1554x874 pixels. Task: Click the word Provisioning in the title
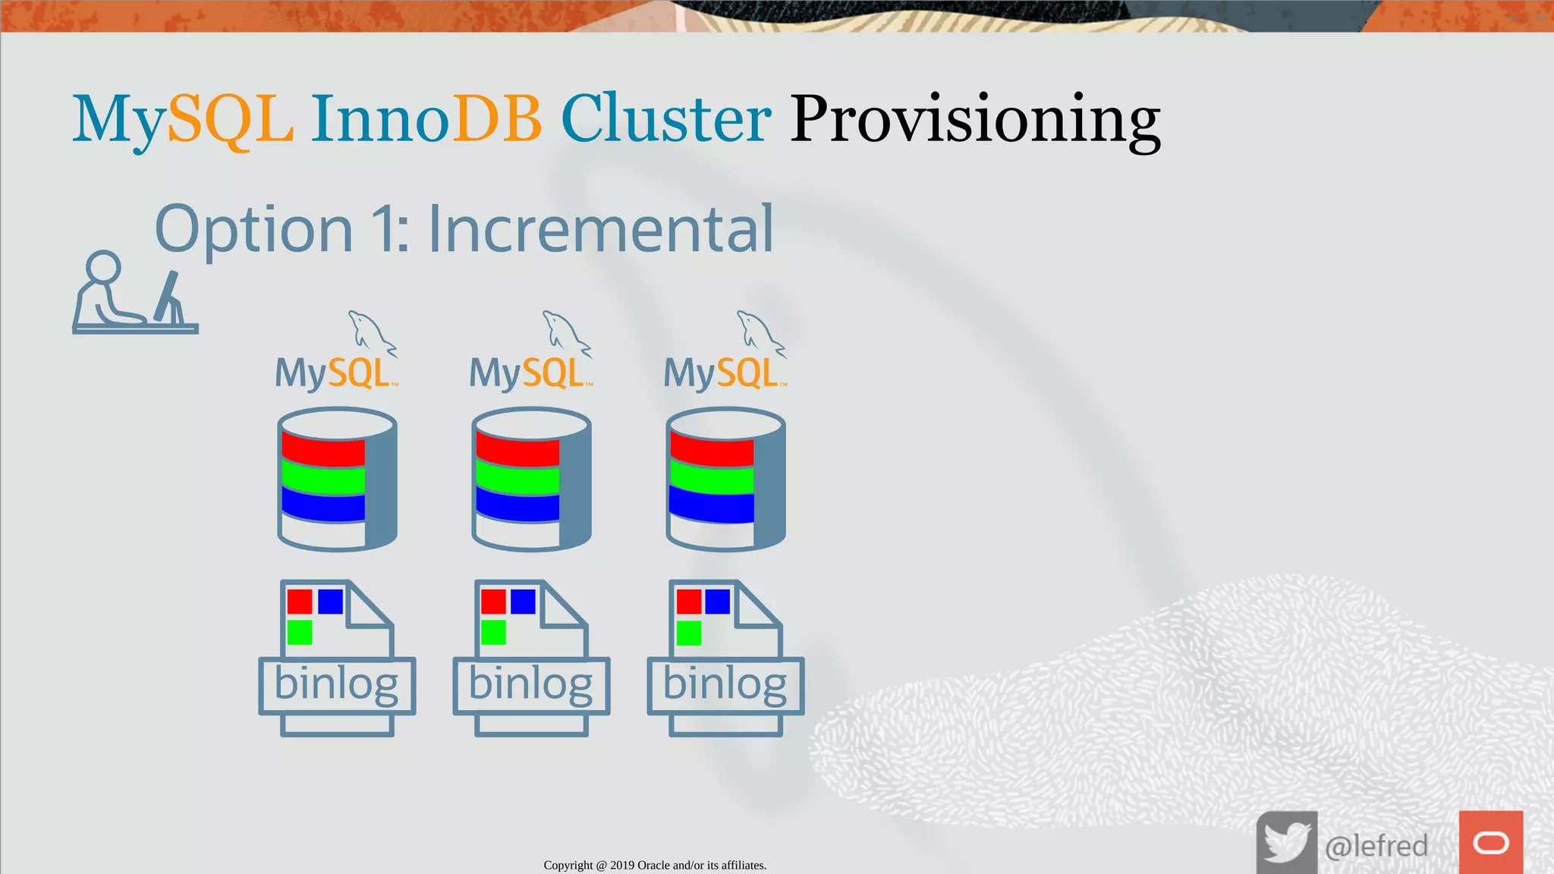point(975,119)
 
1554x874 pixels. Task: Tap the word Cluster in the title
point(665,119)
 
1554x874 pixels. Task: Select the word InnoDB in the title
point(426,119)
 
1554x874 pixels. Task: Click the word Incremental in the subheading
point(600,229)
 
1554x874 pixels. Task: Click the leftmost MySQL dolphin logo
point(371,332)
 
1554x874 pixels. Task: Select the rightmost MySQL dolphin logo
point(760,332)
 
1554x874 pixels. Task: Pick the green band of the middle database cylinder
point(517,479)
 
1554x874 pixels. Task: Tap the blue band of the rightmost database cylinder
point(712,507)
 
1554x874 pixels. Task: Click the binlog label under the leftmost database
point(336,684)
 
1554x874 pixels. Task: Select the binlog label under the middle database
point(530,684)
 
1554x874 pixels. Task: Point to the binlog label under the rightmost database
point(725,684)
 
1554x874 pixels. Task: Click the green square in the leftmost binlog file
point(300,632)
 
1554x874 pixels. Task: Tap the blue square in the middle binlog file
point(523,602)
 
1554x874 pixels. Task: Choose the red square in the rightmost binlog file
point(688,602)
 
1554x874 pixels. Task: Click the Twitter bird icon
point(1286,842)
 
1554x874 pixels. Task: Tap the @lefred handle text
point(1376,845)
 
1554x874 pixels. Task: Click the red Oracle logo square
point(1490,842)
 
